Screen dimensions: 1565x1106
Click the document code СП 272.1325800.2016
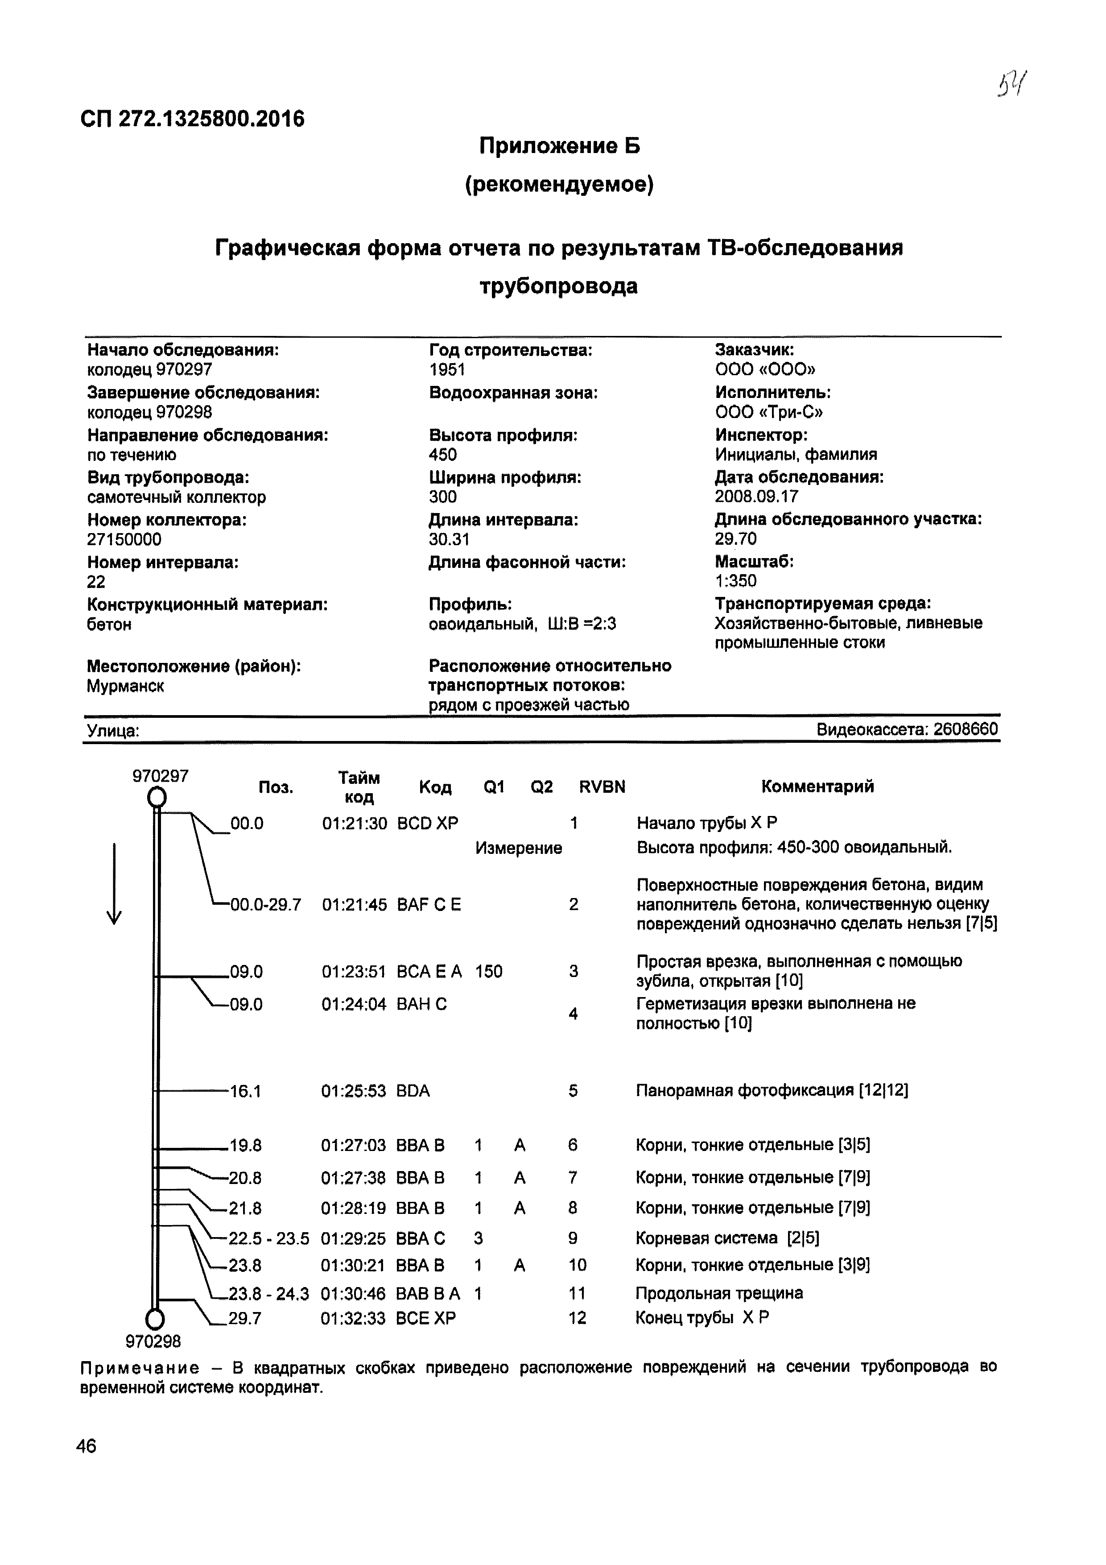[x=192, y=119]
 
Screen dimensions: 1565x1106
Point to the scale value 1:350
[x=735, y=581]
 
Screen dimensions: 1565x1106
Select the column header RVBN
[x=602, y=787]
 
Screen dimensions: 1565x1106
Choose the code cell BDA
[x=413, y=1091]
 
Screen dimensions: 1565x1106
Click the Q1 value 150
[x=489, y=971]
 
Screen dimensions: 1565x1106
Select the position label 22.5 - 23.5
[x=268, y=1238]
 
